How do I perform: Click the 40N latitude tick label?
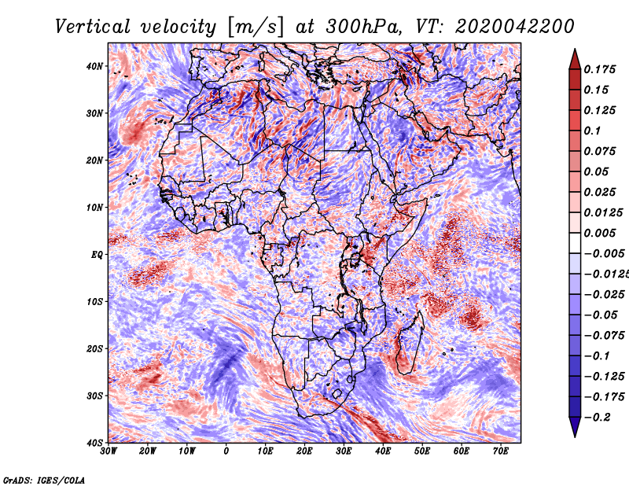click(94, 66)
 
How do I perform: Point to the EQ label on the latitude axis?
click(97, 255)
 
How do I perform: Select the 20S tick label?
click(94, 348)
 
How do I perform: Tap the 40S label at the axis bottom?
click(94, 443)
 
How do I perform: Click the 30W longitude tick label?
click(109, 451)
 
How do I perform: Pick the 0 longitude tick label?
click(226, 451)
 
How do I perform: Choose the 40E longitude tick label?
click(383, 451)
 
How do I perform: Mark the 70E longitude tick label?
click(501, 451)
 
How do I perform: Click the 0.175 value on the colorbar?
click(600, 70)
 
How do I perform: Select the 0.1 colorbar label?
click(593, 131)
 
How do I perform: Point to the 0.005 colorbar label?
click(600, 233)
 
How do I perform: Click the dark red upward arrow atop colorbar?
click(575, 60)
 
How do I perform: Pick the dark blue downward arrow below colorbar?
click(575, 427)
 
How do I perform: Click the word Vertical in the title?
click(93, 27)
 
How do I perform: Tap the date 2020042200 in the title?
click(514, 27)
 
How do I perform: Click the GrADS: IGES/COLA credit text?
click(44, 480)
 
